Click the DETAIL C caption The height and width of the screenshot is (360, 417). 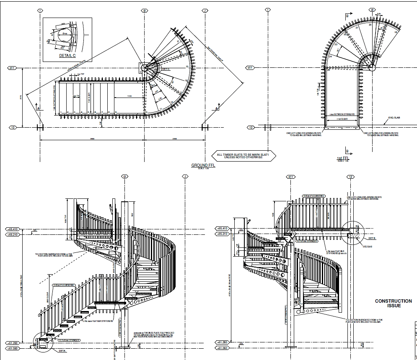[67, 55]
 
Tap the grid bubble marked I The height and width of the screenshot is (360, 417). [40, 10]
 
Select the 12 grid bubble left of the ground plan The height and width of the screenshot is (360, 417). [13, 127]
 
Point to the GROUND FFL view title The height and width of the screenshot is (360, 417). [202, 165]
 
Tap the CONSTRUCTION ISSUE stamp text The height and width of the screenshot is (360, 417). [393, 303]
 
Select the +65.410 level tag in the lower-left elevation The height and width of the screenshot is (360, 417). [13, 229]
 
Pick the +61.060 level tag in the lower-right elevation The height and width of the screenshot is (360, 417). [222, 348]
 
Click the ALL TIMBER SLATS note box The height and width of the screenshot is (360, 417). [239, 156]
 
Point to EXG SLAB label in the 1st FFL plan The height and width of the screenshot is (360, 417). [394, 118]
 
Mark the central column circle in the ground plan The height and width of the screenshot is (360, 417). [145, 68]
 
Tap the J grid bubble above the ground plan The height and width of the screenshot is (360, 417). [205, 10]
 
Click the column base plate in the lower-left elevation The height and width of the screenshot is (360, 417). [124, 347]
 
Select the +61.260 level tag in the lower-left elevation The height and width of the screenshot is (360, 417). [13, 343]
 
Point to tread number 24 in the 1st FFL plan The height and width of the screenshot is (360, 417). [331, 56]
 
